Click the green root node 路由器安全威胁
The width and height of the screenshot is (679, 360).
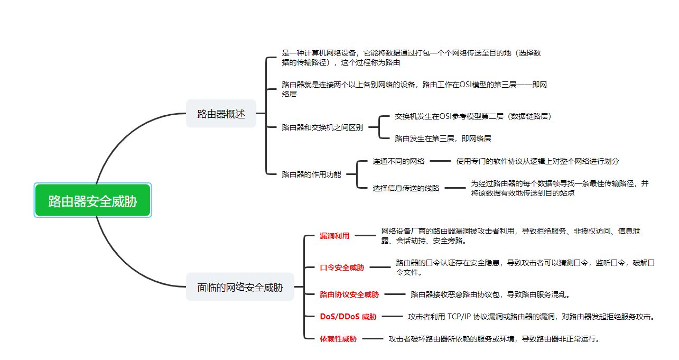[x=92, y=200]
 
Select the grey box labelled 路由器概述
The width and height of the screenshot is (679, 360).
[x=221, y=114]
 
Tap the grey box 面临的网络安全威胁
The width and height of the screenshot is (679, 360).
[x=240, y=287]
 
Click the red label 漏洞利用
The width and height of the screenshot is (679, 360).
[x=334, y=236]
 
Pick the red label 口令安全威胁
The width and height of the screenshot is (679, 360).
[x=342, y=267]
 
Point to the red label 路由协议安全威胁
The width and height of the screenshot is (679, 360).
[x=349, y=294]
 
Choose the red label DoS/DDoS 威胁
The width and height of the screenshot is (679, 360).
[x=348, y=317]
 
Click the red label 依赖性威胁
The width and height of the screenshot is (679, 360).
[x=338, y=339]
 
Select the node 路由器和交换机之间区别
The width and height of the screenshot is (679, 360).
[x=322, y=127]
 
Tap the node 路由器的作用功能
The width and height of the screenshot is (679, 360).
[x=311, y=174]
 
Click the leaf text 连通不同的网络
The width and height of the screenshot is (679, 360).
[x=398, y=161]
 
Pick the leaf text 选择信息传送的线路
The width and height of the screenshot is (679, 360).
[x=406, y=188]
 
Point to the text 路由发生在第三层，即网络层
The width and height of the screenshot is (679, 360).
[x=443, y=139]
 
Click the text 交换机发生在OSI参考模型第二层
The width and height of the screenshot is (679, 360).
[x=449, y=116]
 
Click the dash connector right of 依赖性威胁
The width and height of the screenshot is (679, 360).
[x=373, y=339]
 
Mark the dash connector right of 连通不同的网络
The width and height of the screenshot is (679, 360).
[x=441, y=161]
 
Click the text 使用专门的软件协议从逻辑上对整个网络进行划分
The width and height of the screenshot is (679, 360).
[x=537, y=161]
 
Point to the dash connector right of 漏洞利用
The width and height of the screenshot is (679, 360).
[x=365, y=235]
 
